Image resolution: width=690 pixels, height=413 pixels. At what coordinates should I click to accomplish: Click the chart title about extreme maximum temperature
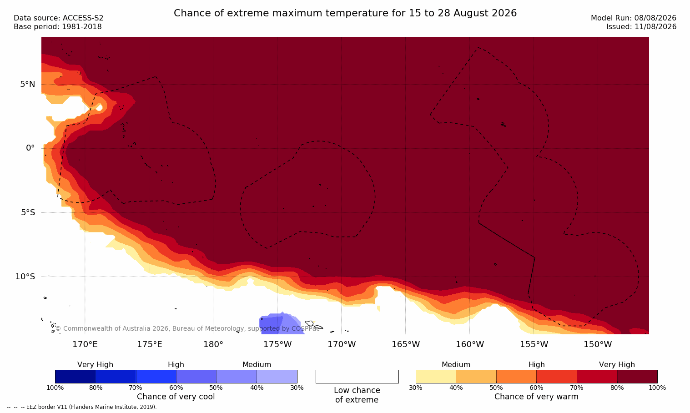coord(345,13)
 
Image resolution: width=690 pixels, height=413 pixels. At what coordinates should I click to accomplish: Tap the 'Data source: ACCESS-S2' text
coord(59,18)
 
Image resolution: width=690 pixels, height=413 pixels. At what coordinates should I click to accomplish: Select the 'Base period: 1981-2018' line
coord(58,27)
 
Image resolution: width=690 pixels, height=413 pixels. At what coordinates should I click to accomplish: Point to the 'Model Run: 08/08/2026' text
coord(633,18)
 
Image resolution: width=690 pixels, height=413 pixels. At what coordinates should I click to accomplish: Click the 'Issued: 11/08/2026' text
coord(641,27)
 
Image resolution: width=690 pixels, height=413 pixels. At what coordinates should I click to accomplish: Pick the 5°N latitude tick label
coord(28,84)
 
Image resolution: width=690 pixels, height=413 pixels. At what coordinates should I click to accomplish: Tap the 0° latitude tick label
coord(30,148)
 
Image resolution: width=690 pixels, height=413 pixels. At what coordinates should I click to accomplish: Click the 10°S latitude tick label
coord(25,277)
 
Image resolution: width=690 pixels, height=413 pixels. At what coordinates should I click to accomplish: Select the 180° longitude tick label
coord(213,344)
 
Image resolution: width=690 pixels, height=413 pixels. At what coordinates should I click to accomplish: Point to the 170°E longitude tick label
coord(85,344)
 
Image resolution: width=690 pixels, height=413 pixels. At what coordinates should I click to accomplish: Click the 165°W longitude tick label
coord(406,344)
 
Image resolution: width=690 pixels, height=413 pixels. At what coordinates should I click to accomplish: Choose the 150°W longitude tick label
coord(598,344)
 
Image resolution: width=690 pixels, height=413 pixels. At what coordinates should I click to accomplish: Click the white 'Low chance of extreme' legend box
coord(357,376)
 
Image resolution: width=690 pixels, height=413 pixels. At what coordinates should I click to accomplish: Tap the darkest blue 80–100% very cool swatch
coord(75,376)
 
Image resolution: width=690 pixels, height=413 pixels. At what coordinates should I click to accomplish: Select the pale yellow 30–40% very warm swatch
coord(436,376)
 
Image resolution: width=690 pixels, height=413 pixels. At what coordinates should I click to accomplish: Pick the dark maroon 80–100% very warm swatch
coord(637,376)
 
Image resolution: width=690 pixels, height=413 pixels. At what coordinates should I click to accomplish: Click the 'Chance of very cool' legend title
coord(176,397)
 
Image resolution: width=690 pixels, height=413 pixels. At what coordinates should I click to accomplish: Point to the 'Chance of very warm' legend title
coord(536,397)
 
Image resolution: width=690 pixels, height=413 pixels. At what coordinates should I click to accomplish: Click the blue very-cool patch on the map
coord(279,324)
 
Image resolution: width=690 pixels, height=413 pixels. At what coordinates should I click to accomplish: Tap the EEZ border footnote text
coord(81,407)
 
